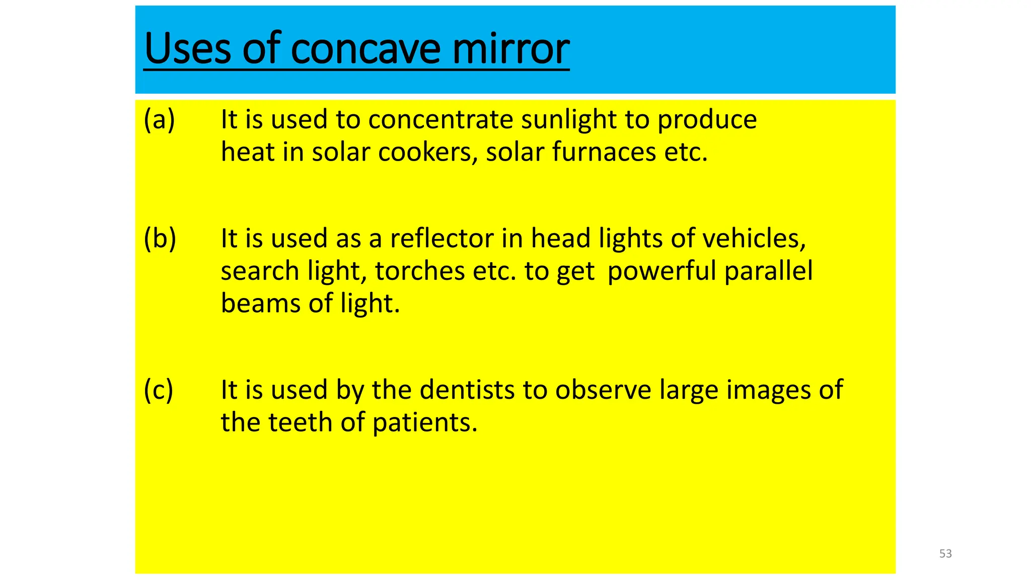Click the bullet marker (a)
(159, 120)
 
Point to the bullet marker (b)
(160, 238)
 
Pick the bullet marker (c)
(158, 390)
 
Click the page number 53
(945, 554)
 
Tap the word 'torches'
(420, 271)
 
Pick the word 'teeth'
(300, 422)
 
